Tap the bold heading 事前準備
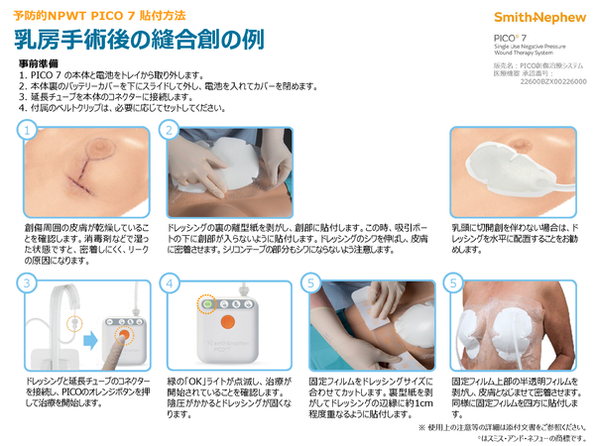pyautogui.click(x=39, y=63)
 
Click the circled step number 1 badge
pyautogui.click(x=30, y=130)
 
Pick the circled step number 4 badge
pyautogui.click(x=171, y=284)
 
